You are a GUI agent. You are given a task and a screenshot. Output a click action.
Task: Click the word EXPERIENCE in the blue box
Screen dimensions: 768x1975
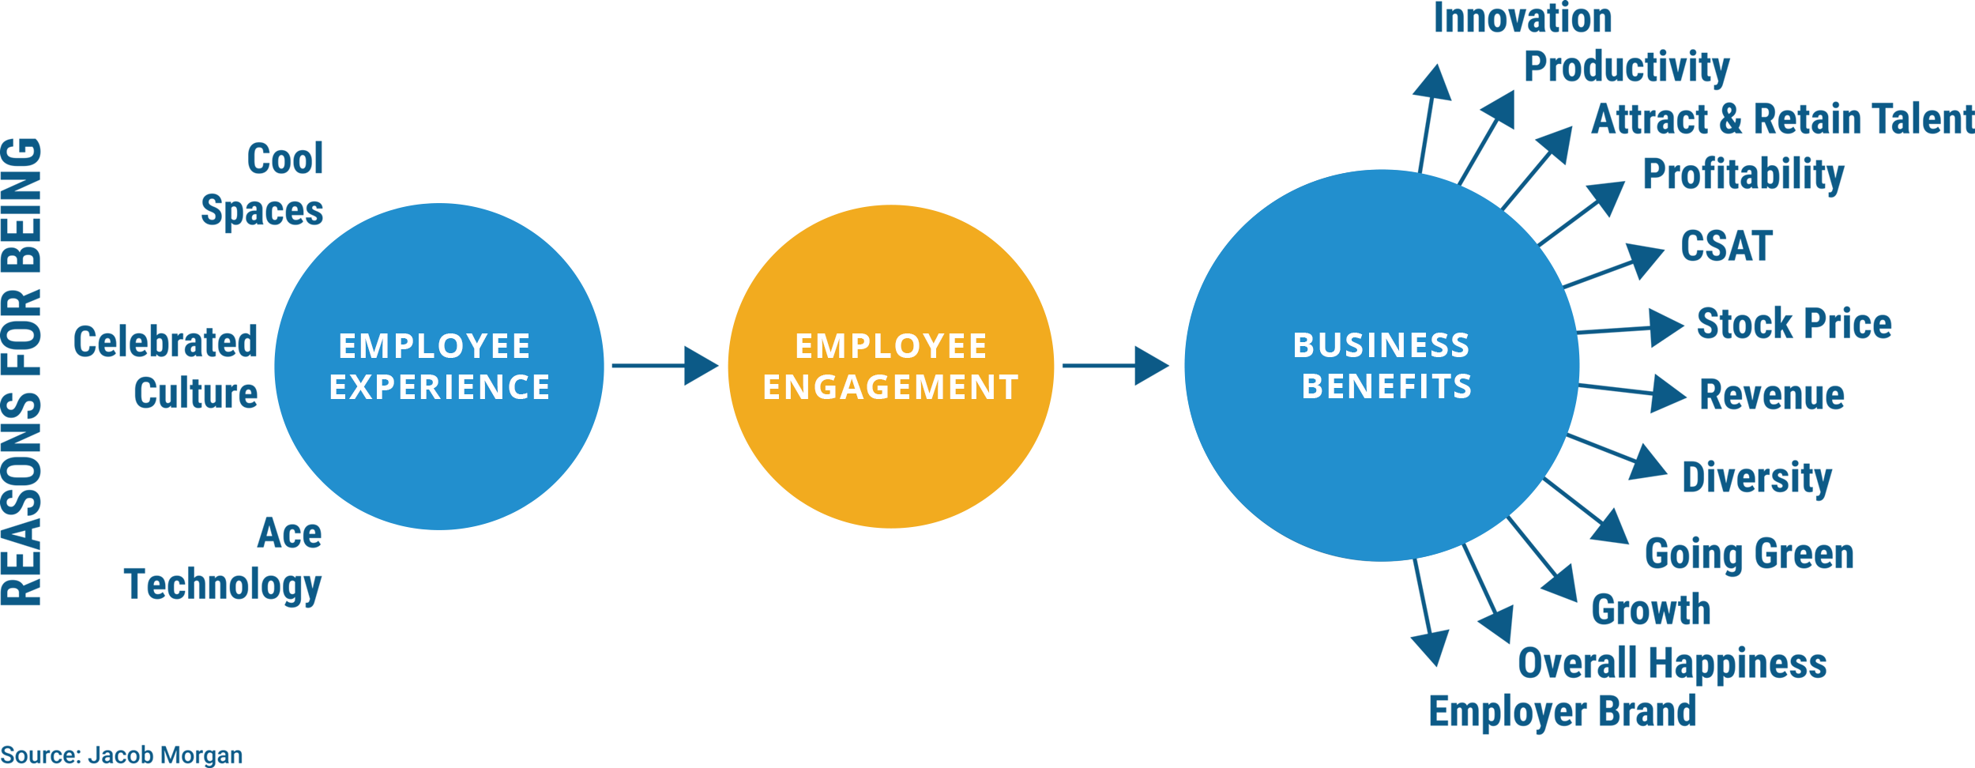tap(439, 388)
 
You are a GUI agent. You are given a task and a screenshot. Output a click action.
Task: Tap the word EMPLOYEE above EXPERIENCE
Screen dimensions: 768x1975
tap(434, 347)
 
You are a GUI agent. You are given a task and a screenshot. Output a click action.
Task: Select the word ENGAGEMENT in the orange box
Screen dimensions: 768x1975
tap(890, 388)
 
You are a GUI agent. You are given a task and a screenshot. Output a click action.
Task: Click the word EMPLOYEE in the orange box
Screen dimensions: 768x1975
tap(891, 347)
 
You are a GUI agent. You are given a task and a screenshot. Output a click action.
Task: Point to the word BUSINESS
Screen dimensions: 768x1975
tap(1381, 346)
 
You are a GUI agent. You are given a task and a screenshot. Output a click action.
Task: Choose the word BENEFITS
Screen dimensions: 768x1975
tap(1386, 387)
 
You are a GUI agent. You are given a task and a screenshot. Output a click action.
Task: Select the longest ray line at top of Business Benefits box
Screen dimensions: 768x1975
tap(1520, 190)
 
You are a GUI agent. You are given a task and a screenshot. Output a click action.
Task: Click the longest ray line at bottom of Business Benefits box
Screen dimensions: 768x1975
tap(1527, 540)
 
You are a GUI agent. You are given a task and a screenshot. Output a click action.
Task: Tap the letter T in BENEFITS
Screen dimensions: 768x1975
tap(1443, 387)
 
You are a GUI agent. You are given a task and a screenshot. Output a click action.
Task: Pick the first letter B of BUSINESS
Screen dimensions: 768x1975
tap(1303, 346)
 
